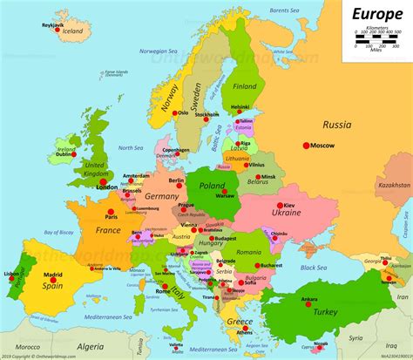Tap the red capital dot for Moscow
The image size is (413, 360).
(306, 145)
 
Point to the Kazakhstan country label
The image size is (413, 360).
(395, 186)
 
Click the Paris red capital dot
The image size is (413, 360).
(112, 209)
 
